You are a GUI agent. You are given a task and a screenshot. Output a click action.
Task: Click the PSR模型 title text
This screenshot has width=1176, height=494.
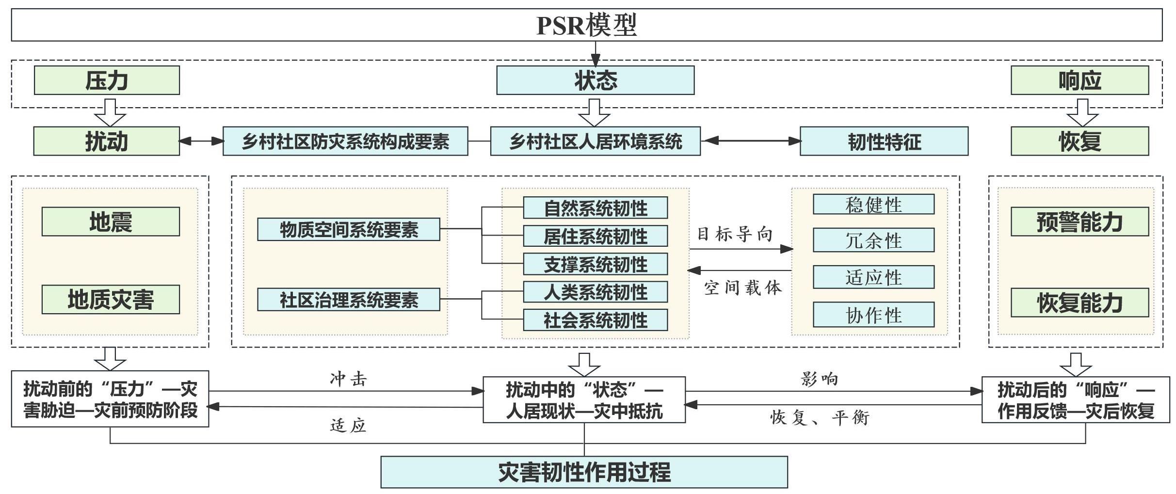click(x=587, y=25)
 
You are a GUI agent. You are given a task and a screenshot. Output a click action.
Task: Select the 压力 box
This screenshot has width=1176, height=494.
click(x=107, y=80)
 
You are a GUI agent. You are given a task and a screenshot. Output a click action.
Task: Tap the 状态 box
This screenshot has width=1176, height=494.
click(x=595, y=80)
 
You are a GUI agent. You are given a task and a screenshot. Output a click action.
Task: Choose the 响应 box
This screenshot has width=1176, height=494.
click(x=1079, y=80)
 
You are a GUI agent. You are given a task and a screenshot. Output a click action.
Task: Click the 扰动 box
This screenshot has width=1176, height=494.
click(x=107, y=142)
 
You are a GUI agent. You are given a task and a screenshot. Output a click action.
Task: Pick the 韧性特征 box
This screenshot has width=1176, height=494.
click(x=884, y=142)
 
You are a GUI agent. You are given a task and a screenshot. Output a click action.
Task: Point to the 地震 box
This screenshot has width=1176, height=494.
click(x=111, y=222)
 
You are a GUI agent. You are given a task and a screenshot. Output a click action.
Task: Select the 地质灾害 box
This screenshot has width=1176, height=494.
click(x=111, y=300)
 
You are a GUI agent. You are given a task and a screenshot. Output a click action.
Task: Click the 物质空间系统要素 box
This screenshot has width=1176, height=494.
click(x=348, y=229)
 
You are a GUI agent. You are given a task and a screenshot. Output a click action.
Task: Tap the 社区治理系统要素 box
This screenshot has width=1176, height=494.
click(x=348, y=300)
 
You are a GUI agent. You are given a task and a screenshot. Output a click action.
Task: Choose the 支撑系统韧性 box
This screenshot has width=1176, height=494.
click(x=595, y=264)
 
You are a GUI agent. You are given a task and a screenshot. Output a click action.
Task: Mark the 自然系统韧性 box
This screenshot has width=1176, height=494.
click(x=595, y=208)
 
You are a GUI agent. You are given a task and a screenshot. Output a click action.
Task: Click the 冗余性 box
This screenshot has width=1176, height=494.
click(x=873, y=240)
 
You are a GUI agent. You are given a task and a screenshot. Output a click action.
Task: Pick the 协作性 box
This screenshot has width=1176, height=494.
click(x=873, y=315)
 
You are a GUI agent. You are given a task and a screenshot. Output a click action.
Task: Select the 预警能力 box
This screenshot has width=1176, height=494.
click(x=1079, y=222)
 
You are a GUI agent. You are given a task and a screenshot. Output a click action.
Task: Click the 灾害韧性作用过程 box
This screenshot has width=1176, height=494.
click(x=584, y=472)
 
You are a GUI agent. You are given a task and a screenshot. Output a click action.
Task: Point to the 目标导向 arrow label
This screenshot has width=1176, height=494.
click(x=734, y=234)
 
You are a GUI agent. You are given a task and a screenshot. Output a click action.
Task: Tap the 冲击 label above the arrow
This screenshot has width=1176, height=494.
click(x=348, y=379)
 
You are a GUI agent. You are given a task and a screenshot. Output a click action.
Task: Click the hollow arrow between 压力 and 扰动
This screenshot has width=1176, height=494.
click(x=110, y=112)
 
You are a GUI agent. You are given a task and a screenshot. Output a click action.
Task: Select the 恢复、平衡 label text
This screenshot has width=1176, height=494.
click(x=820, y=417)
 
